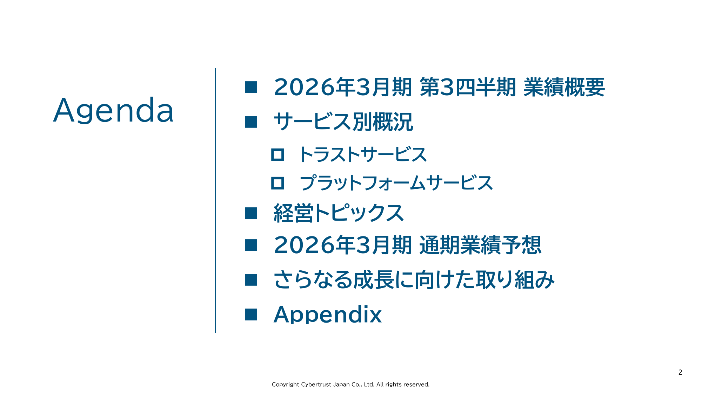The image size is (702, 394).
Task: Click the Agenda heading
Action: [x=113, y=111]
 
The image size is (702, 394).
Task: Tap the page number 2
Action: [x=680, y=372]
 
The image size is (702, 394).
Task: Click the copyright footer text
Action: [x=350, y=385]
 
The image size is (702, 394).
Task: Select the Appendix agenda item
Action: [x=327, y=314]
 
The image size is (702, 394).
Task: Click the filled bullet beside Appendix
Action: [x=251, y=314]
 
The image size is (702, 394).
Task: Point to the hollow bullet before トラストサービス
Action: [x=278, y=154]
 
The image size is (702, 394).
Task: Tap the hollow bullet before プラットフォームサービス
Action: [x=278, y=183]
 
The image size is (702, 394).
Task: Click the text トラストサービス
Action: [x=363, y=154]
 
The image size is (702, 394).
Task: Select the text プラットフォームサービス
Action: [x=396, y=183]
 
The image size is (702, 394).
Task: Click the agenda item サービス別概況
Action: [x=343, y=122]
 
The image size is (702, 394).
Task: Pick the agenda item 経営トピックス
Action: [x=339, y=213]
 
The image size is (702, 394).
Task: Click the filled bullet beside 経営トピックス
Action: [x=251, y=213]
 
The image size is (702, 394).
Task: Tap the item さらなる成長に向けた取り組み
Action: [x=414, y=280]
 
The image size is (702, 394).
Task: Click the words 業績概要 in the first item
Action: [x=564, y=87]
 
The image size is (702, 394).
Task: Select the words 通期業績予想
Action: [x=480, y=245]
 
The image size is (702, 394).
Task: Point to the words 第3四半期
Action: [x=468, y=87]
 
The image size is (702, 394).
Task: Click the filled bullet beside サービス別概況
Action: [x=251, y=122]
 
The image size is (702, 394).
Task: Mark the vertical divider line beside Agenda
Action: [x=215, y=200]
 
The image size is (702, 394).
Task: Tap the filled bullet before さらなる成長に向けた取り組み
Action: [x=251, y=280]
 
